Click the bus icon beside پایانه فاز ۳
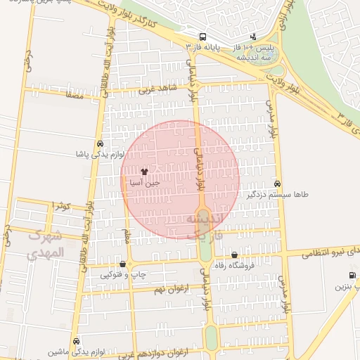click(203, 37)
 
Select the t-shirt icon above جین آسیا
click(144, 171)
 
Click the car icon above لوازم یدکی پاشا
click(100, 142)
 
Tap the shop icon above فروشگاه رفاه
click(234, 255)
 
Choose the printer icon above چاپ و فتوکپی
click(123, 264)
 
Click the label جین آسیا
click(144, 182)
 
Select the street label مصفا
click(73, 94)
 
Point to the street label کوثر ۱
click(62, 205)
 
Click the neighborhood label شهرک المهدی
click(45, 245)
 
